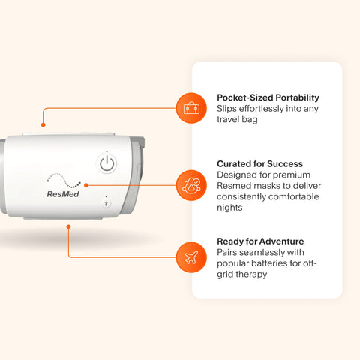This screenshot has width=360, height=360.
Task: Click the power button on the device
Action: click(106, 163)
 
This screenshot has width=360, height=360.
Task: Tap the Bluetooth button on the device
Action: click(106, 204)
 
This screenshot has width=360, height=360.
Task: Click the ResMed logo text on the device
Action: click(63, 194)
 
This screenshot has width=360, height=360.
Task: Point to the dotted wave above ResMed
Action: click(64, 181)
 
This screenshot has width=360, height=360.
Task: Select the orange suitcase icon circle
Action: click(191, 108)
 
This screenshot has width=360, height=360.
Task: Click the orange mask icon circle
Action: click(191, 185)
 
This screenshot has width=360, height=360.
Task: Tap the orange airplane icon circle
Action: click(191, 257)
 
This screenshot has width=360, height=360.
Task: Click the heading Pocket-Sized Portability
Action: click(268, 97)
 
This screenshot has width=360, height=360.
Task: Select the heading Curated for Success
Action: click(260, 164)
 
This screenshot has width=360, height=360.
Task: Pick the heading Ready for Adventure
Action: click(260, 241)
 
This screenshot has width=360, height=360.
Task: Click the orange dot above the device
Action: click(43, 124)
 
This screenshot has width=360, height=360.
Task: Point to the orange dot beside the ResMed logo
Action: click(86, 185)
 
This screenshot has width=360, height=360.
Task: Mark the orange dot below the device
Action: click(68, 226)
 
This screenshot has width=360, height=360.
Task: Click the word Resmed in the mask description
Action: click(231, 186)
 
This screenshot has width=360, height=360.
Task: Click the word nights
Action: click(229, 208)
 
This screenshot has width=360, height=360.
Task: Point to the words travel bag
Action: click(237, 119)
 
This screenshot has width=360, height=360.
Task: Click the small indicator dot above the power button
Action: click(106, 151)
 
